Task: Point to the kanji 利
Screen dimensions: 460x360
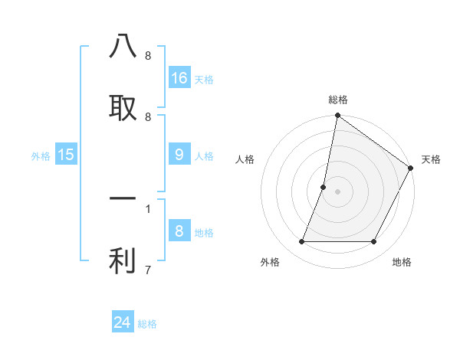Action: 123,261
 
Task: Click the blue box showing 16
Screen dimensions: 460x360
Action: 179,77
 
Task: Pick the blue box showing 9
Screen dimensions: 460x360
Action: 179,155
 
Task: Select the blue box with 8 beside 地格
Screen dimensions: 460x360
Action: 179,231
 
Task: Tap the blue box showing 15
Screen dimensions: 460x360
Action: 66,155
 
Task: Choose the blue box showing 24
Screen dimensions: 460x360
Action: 123,322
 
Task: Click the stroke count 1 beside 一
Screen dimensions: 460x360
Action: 147,208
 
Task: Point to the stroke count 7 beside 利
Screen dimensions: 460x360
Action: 147,270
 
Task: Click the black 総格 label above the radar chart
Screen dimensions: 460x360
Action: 338,100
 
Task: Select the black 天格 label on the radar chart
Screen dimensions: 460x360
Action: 431,159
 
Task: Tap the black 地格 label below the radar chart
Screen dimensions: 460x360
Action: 402,262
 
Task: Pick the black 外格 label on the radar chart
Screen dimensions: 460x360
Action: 270,262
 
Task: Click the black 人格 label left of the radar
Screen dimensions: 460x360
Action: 245,159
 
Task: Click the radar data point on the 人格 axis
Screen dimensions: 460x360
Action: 324,187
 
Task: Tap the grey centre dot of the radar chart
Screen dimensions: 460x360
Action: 338,191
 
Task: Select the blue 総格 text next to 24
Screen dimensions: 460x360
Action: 147,324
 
